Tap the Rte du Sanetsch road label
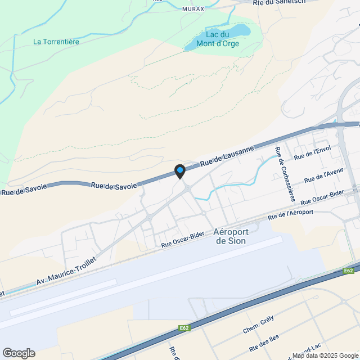(x=279, y=2)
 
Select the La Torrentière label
(x=56, y=41)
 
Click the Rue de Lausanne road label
(x=227, y=155)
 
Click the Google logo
(x=19, y=353)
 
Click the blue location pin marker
(x=179, y=170)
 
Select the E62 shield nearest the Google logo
(x=183, y=328)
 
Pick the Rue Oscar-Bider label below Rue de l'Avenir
(x=322, y=199)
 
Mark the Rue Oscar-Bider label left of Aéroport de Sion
(x=182, y=240)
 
